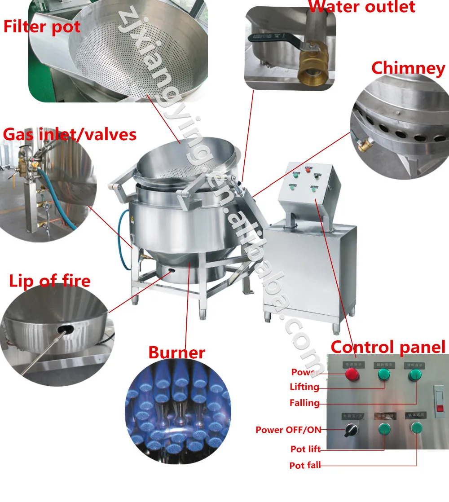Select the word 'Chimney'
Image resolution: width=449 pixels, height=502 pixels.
(x=408, y=68)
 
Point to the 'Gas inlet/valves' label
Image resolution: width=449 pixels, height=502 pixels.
(x=70, y=134)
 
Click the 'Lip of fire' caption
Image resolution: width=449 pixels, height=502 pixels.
(x=50, y=281)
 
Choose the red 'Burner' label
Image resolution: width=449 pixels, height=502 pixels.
(x=176, y=352)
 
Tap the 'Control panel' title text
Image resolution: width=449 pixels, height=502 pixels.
(x=388, y=347)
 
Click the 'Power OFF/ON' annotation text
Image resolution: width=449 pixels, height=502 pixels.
(x=288, y=430)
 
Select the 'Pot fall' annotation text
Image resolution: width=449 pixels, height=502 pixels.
(x=305, y=465)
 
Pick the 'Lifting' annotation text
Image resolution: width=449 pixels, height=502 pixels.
(x=304, y=387)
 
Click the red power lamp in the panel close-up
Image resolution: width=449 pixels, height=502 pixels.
(x=352, y=374)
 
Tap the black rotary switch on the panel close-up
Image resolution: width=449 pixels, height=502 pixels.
(x=350, y=431)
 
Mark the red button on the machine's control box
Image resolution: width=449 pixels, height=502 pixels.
(x=308, y=170)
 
